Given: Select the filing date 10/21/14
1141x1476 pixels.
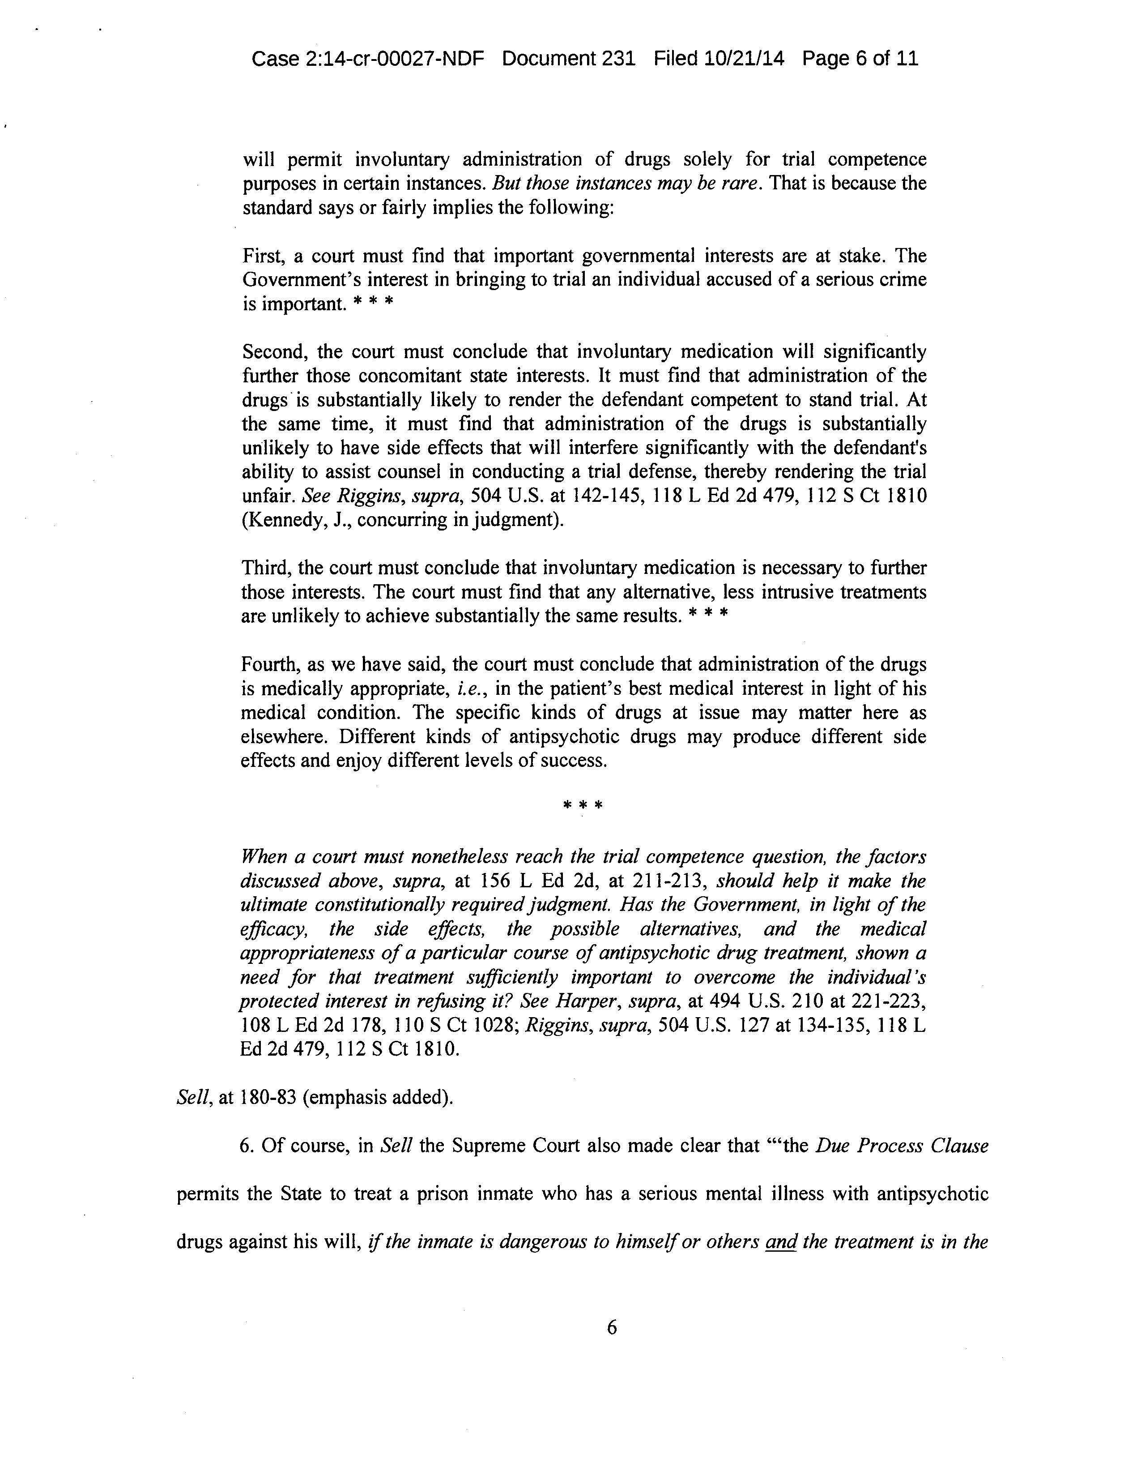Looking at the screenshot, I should [743, 59].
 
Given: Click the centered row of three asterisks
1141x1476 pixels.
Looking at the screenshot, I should [582, 805].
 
